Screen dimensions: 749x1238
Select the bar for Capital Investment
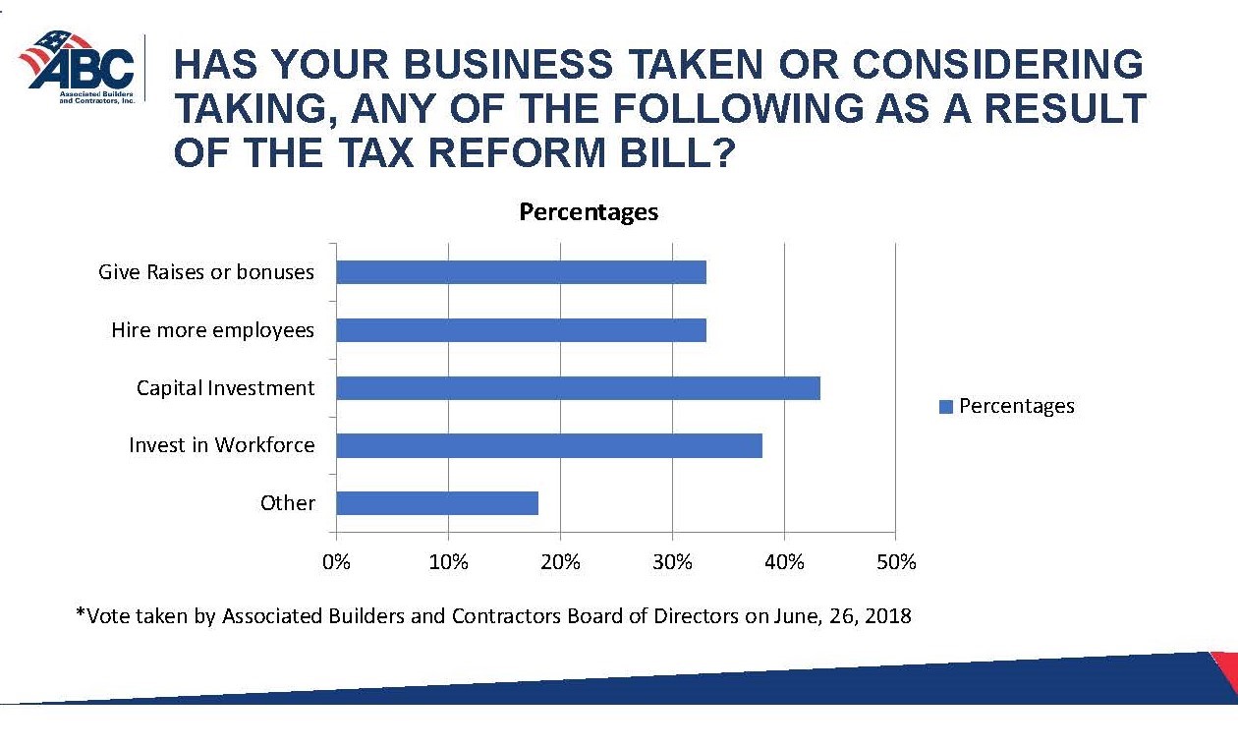(x=578, y=388)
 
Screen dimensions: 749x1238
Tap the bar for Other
(x=437, y=503)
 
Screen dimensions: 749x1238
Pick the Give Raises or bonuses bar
(x=521, y=272)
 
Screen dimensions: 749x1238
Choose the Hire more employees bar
(x=521, y=330)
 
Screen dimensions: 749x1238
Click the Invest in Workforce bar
(x=549, y=445)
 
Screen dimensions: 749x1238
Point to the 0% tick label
(x=337, y=562)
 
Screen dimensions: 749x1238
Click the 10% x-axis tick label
(x=448, y=562)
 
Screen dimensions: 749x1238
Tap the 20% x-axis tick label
(x=560, y=562)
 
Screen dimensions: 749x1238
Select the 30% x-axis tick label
(x=672, y=562)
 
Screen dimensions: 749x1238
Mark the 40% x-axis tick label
(x=784, y=562)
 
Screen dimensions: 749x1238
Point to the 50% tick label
(x=895, y=562)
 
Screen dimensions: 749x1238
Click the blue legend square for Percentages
(x=946, y=407)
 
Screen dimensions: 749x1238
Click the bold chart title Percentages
(x=589, y=211)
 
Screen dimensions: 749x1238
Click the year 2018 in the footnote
(x=888, y=616)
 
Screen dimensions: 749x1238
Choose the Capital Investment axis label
(x=226, y=388)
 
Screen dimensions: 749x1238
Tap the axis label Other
(x=288, y=503)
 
